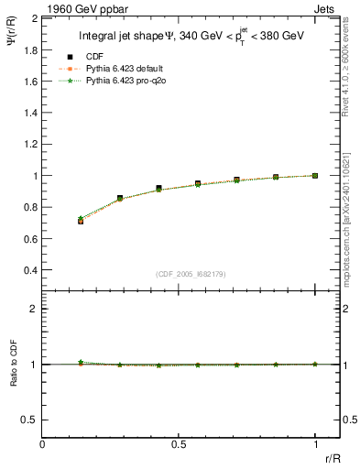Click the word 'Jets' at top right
325,8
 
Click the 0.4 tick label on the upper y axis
30,271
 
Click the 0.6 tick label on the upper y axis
30,239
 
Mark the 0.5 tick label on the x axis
179,443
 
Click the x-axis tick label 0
42,443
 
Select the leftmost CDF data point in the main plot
81,221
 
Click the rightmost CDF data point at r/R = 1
315,175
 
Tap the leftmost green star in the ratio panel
81,363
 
